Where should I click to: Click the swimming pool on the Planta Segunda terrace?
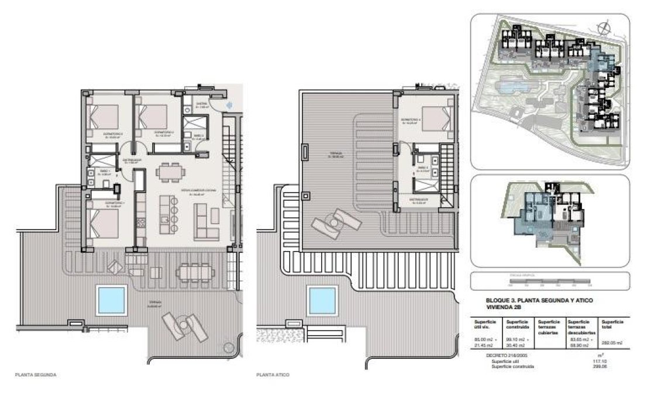(x=112, y=300)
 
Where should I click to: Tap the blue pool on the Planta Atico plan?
(x=322, y=300)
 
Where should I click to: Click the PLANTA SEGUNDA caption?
(x=36, y=374)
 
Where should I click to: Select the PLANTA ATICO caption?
(x=273, y=374)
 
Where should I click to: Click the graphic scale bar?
(x=549, y=281)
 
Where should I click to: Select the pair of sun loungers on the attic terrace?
(x=332, y=222)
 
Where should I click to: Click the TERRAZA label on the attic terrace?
(x=335, y=154)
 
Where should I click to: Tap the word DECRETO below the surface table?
(x=496, y=355)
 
